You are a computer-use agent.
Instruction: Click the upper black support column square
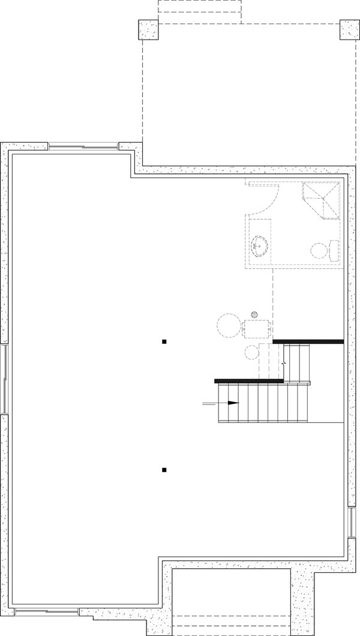tap(164, 342)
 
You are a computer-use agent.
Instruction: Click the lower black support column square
tap(164, 470)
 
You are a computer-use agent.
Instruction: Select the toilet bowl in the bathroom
tap(319, 250)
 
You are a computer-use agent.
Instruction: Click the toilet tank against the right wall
tap(334, 250)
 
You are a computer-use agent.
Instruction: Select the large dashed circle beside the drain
tap(228, 327)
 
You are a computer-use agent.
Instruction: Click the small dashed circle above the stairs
tap(251, 352)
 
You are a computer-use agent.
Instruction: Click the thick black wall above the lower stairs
tap(248, 380)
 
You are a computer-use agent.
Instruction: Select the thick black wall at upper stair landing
tap(308, 341)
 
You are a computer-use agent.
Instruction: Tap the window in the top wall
tap(83, 146)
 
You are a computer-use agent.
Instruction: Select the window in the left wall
tap(5, 379)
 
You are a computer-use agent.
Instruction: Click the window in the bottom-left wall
tap(46, 612)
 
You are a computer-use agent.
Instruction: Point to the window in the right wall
tap(351, 522)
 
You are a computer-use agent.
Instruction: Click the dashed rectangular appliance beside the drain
tap(257, 329)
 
